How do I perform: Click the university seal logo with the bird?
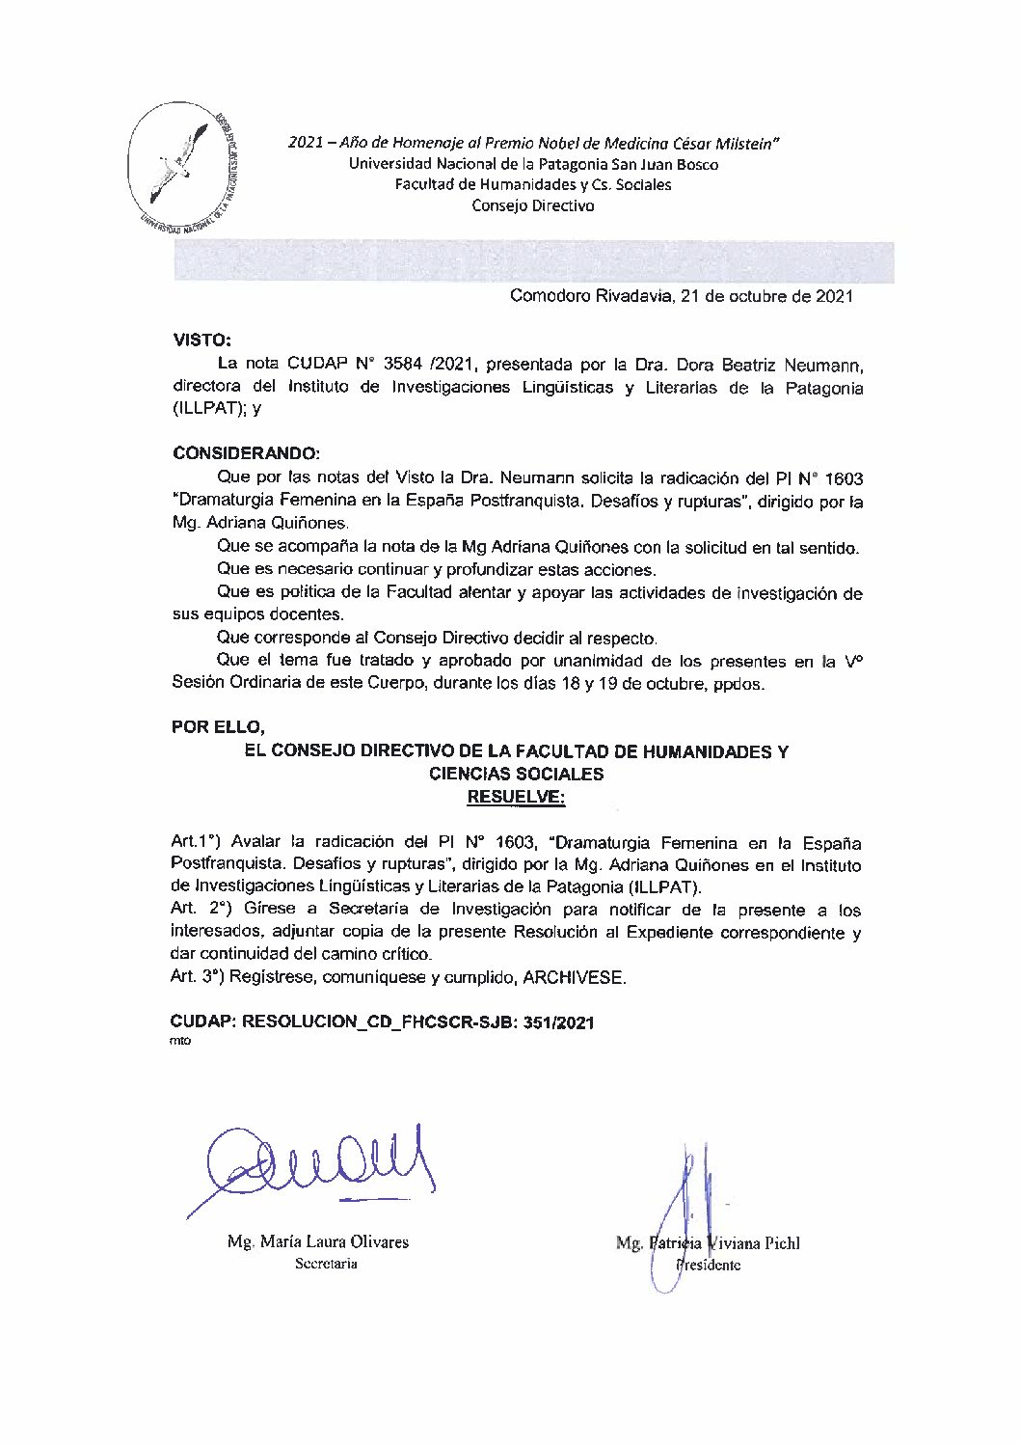tap(184, 166)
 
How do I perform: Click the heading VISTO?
tap(201, 341)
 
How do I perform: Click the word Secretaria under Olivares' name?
tap(326, 1264)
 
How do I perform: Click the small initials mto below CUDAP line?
tap(181, 1042)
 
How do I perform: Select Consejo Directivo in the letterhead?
tap(532, 205)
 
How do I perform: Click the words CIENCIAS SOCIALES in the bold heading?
tap(516, 774)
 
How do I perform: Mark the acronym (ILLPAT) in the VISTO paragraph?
tap(206, 409)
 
